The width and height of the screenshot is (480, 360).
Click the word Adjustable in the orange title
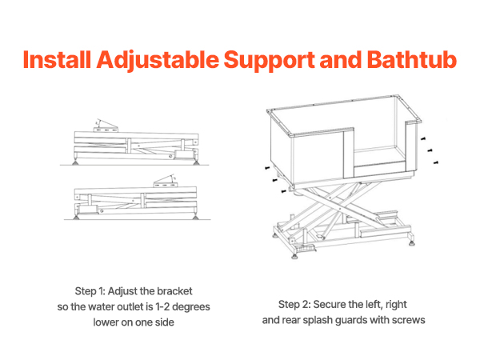pyautogui.click(x=158, y=60)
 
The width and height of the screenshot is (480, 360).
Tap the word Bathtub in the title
pyautogui.click(x=412, y=59)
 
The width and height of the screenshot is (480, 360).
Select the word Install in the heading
pyautogui.click(x=57, y=59)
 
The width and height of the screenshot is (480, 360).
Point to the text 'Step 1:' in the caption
pyautogui.click(x=90, y=291)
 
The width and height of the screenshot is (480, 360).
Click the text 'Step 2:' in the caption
pyautogui.click(x=294, y=304)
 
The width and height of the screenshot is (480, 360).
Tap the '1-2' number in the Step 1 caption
pyautogui.click(x=162, y=306)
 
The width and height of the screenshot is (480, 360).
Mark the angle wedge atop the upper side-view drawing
pyautogui.click(x=106, y=126)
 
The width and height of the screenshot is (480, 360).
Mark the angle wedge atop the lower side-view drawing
pyautogui.click(x=166, y=182)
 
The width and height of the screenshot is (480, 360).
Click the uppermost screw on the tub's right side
pyautogui.click(x=423, y=138)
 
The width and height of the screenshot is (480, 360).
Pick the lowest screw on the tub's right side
pyautogui.click(x=436, y=162)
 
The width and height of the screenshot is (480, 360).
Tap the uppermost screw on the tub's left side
pyautogui.click(x=267, y=168)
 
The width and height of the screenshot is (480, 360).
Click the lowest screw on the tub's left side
pyautogui.click(x=284, y=191)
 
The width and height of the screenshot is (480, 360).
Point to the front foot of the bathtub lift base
pyautogui.click(x=294, y=256)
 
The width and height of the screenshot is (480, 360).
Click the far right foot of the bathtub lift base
pyautogui.click(x=412, y=243)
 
